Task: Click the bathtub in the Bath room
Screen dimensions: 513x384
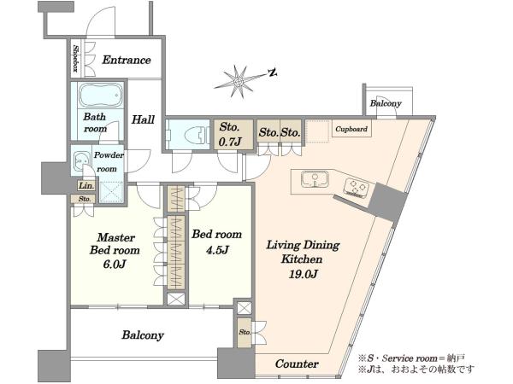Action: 101,96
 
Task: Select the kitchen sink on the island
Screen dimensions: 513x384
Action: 315,179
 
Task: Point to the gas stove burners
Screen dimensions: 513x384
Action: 357,188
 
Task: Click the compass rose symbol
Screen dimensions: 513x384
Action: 239,81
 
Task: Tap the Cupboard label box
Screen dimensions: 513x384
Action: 351,129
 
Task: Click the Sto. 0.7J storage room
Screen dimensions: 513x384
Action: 233,135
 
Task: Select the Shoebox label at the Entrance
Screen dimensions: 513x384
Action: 76,58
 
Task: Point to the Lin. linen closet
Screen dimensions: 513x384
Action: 86,186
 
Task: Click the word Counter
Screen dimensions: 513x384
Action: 297,364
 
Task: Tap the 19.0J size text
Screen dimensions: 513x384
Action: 303,274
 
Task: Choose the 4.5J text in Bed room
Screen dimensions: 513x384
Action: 217,250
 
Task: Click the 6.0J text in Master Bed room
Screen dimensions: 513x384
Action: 115,264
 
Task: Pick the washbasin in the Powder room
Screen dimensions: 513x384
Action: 81,161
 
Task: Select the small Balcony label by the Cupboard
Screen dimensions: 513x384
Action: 386,104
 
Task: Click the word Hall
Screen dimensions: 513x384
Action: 143,119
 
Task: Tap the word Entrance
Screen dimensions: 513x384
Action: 127,60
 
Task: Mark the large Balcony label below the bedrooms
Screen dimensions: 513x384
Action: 143,335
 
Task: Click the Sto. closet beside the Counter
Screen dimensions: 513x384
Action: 245,333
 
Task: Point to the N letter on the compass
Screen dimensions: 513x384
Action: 273,73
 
